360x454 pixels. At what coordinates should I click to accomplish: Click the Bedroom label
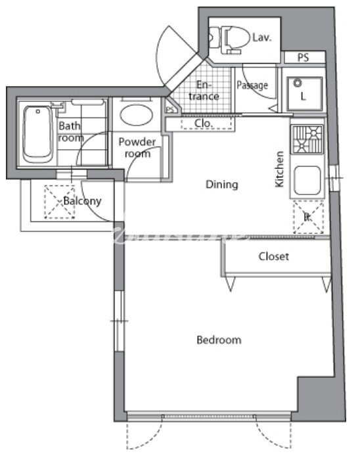[219, 340]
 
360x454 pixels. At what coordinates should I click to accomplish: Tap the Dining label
[221, 185]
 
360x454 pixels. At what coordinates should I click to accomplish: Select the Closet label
[273, 256]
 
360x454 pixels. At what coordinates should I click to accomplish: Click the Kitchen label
[280, 170]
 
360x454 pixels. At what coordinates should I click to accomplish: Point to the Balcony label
[82, 201]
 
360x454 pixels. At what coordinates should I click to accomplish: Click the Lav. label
[261, 38]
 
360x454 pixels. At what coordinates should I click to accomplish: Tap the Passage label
[252, 85]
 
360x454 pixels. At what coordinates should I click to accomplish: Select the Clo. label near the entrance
[202, 123]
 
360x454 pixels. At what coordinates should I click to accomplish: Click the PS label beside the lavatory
[303, 58]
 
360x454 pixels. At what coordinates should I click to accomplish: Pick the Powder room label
[137, 148]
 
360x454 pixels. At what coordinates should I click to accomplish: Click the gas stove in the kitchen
[307, 139]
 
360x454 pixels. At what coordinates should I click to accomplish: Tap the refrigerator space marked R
[307, 216]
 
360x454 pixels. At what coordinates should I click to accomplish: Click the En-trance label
[208, 90]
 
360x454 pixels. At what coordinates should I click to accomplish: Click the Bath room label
[71, 131]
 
